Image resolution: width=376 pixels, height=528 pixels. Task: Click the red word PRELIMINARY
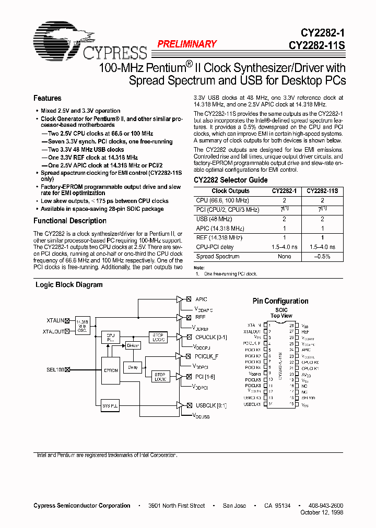click(187, 44)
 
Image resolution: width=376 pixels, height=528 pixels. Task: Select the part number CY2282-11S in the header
click(316, 45)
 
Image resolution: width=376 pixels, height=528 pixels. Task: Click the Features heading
click(48, 98)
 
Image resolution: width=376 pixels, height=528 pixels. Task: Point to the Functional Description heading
click(70, 221)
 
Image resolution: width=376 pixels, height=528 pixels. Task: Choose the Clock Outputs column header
click(230, 191)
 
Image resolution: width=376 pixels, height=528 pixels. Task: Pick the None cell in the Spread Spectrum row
click(284, 257)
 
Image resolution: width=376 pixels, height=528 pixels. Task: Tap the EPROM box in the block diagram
click(111, 370)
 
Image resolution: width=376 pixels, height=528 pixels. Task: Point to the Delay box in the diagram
click(134, 367)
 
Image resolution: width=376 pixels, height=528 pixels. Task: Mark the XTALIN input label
click(55, 320)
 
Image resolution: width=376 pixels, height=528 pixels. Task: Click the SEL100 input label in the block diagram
click(54, 369)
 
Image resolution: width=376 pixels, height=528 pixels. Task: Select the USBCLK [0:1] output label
click(210, 405)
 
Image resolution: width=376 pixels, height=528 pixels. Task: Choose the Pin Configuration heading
click(280, 301)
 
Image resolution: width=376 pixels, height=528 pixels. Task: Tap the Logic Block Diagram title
click(69, 285)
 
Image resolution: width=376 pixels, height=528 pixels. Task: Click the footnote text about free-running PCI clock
click(229, 274)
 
